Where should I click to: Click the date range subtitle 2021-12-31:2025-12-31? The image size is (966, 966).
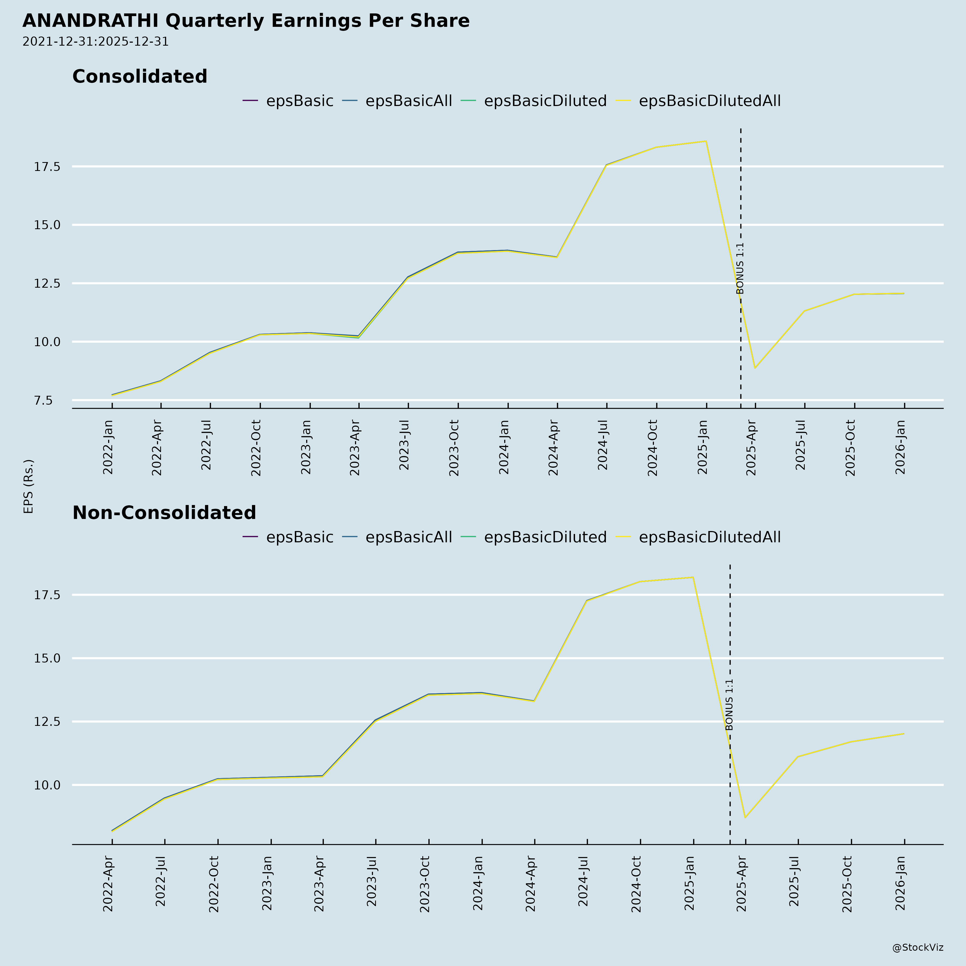click(x=96, y=42)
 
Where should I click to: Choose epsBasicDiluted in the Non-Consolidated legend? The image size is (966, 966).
click(x=545, y=537)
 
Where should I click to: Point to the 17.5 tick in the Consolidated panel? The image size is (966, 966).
click(x=47, y=167)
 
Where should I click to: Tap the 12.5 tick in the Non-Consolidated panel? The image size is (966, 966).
click(x=47, y=722)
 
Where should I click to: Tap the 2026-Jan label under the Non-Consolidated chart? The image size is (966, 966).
click(x=901, y=884)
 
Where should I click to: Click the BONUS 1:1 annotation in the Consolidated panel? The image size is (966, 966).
click(x=741, y=269)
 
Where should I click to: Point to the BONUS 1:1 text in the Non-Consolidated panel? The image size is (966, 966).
click(x=730, y=705)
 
